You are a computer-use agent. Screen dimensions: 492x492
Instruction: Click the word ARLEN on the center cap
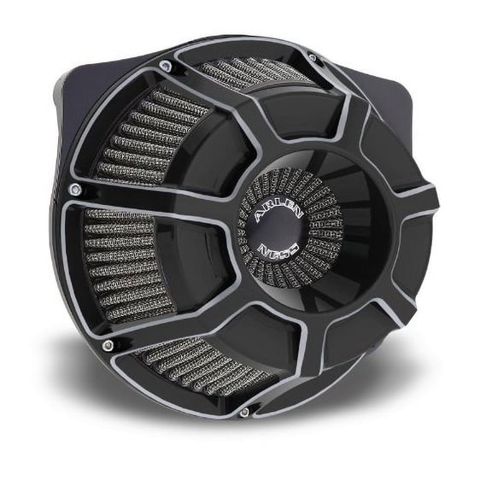coord(278,211)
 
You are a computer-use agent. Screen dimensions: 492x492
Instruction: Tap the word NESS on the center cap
coord(278,249)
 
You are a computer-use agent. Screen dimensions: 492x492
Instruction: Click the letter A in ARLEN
coord(260,218)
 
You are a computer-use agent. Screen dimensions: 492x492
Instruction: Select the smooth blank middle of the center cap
coord(277,231)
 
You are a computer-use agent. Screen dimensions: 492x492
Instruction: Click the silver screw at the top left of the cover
coord(166,66)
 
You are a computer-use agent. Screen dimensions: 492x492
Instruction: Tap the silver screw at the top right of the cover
coord(313,57)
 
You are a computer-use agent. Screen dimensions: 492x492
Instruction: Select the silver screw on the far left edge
coord(75,189)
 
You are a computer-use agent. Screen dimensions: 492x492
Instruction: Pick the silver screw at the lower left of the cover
coord(108,345)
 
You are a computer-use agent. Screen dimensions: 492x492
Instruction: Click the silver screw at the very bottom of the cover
coord(244,412)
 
